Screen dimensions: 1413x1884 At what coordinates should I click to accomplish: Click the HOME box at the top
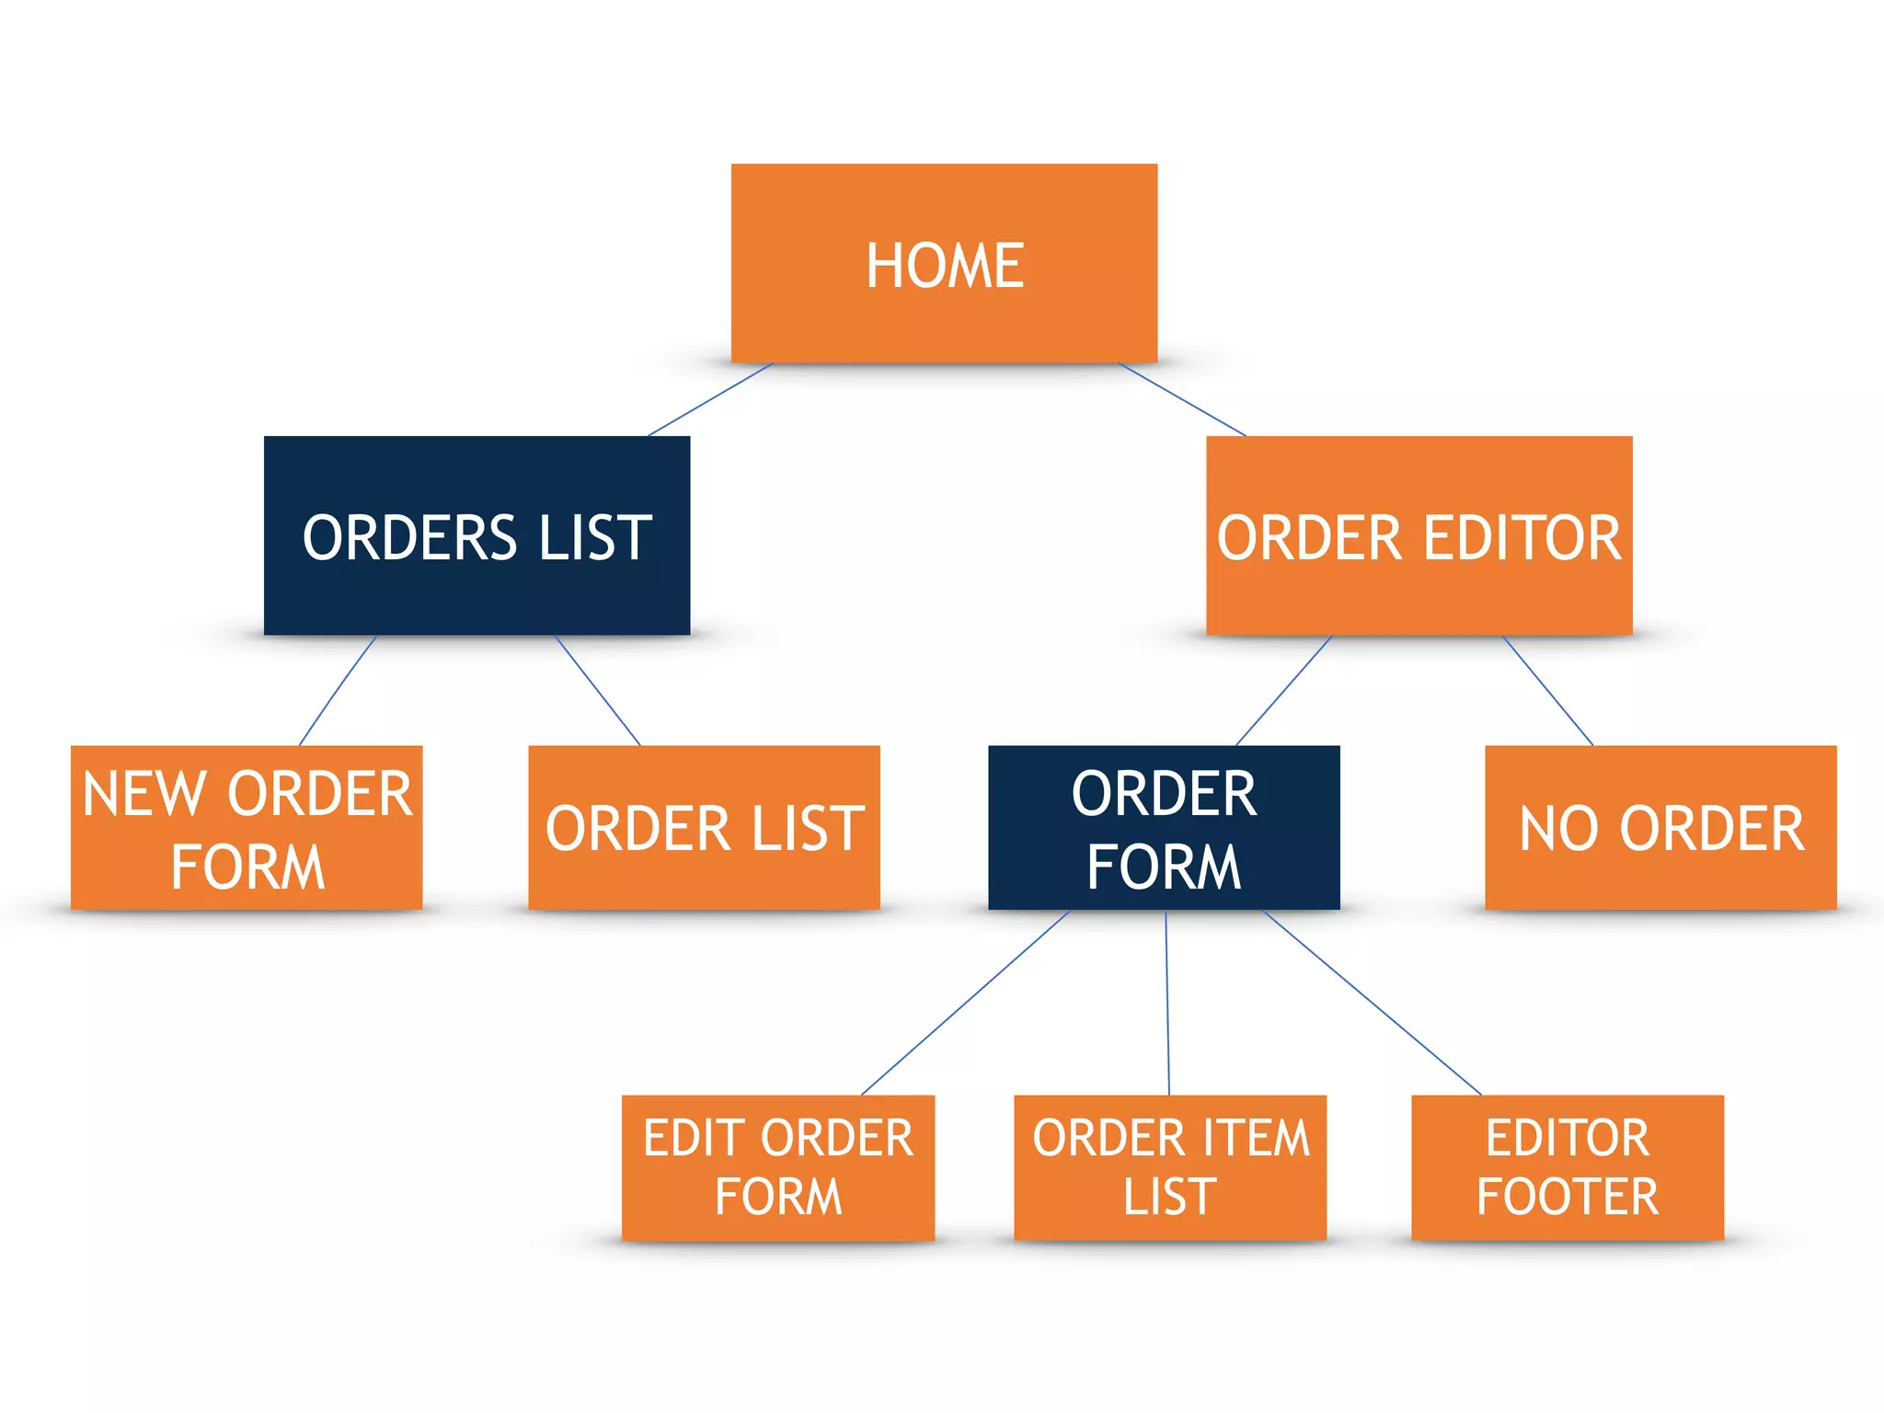pos(944,263)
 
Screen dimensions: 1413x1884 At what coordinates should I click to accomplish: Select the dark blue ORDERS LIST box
pos(477,535)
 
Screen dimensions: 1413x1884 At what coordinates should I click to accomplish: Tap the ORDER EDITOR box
pos(1419,535)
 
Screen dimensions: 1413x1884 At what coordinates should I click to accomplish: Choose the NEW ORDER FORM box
pos(247,828)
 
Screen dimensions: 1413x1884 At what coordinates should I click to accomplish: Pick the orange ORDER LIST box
pos(704,828)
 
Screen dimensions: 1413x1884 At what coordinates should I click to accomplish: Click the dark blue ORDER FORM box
pos(1164,828)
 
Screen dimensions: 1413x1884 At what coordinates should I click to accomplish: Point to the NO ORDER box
pos(1660,828)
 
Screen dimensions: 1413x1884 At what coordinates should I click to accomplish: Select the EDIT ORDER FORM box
pos(778,1167)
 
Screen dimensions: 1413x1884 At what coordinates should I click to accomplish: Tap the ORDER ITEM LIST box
pos(1170,1167)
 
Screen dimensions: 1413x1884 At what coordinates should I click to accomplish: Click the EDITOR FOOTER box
pos(1568,1167)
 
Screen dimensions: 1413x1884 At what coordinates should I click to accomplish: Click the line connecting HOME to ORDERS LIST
pos(711,399)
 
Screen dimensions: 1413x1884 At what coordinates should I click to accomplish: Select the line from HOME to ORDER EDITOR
pos(1183,399)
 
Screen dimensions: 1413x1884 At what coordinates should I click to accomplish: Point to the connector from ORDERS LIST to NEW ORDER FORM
pos(338,690)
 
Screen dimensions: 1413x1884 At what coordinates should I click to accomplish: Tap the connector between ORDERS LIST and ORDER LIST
pos(598,690)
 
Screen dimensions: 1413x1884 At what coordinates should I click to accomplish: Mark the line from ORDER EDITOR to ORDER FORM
pos(1283,690)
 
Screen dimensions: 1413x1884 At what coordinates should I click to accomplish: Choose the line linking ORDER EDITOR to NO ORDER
pos(1548,690)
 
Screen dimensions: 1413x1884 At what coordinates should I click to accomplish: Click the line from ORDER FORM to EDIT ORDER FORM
pos(966,1003)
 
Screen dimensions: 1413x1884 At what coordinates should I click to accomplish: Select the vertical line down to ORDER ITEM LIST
pos(1167,1003)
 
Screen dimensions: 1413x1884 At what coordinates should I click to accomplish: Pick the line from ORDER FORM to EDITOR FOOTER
pos(1373,1003)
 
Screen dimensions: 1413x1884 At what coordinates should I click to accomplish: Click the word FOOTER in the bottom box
pos(1568,1197)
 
